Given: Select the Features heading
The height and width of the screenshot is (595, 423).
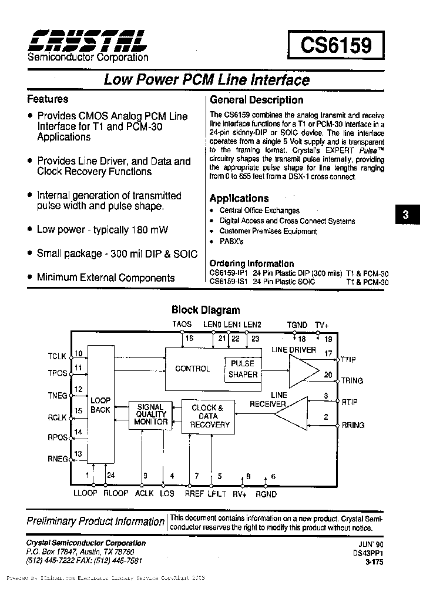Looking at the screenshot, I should [x=48, y=99].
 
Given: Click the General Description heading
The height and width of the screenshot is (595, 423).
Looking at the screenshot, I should [x=256, y=100].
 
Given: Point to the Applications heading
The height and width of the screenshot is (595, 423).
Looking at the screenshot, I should [x=239, y=198].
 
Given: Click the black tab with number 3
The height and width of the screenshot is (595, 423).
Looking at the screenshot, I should [x=405, y=215].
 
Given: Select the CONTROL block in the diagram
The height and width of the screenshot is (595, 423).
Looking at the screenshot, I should [x=193, y=369].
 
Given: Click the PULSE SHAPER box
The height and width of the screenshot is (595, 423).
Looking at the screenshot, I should [x=243, y=369].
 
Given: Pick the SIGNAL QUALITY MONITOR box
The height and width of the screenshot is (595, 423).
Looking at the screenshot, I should [x=150, y=415].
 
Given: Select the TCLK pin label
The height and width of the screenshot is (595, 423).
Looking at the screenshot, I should [x=58, y=356].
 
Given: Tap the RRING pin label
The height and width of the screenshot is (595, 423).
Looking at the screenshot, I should [x=352, y=425].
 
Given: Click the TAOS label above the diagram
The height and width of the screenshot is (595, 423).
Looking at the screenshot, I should [x=182, y=325].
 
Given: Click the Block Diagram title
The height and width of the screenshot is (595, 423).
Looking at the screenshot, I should [x=206, y=310].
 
